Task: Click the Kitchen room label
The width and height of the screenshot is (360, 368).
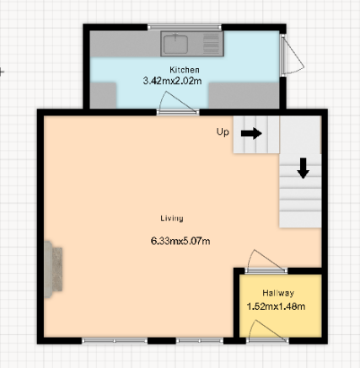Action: click(x=185, y=70)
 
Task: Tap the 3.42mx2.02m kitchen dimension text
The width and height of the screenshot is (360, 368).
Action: click(x=172, y=81)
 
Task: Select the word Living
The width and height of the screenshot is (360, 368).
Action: click(x=172, y=218)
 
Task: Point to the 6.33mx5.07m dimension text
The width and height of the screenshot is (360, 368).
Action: click(x=180, y=241)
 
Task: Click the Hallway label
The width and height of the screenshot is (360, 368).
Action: click(x=278, y=293)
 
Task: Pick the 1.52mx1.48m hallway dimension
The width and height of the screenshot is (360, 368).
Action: click(x=276, y=307)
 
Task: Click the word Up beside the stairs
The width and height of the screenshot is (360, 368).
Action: click(x=223, y=131)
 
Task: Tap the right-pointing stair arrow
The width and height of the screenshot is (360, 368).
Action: click(x=251, y=133)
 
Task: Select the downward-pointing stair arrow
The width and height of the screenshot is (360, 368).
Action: click(x=304, y=168)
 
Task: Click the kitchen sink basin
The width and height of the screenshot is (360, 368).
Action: click(x=175, y=44)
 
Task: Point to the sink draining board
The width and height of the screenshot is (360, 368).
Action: click(x=212, y=44)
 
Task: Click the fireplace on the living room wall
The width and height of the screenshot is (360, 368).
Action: click(x=53, y=269)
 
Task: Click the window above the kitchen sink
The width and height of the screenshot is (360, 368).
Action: click(x=185, y=27)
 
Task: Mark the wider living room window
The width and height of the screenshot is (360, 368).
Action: click(x=115, y=341)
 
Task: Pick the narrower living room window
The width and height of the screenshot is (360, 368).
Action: click(x=200, y=341)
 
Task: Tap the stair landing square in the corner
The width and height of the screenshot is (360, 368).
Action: click(x=300, y=135)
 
